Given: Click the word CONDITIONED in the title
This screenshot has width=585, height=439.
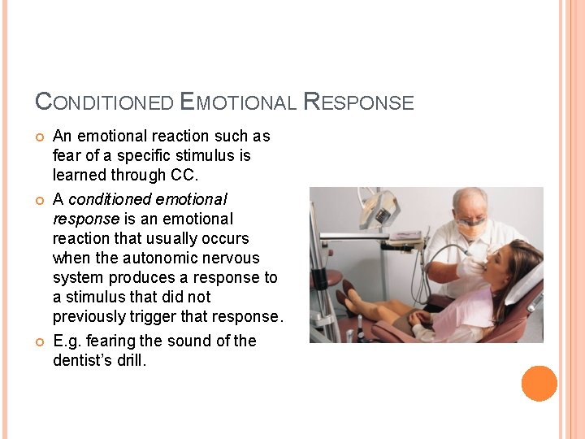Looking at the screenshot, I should click(x=104, y=102).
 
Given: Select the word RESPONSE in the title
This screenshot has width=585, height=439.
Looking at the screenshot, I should click(x=358, y=102).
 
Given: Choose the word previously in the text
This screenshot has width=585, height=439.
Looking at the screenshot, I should click(x=89, y=316).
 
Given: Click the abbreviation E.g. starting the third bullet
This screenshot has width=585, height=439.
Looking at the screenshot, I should click(x=68, y=341).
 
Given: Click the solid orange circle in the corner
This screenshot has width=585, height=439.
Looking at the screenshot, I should click(x=539, y=384).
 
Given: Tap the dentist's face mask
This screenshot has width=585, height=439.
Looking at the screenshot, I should click(x=472, y=230).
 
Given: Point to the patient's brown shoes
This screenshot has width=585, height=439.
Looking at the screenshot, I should click(x=347, y=294).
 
